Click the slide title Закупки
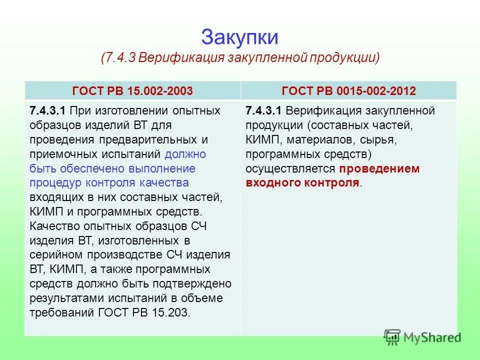(239, 37)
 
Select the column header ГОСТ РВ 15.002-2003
(132, 91)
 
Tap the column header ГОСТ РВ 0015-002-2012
(349, 91)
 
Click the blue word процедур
(55, 183)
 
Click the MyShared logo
(422, 337)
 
